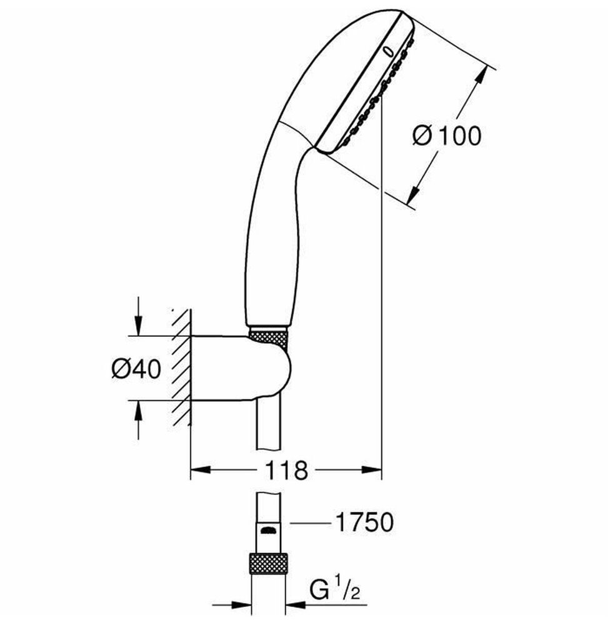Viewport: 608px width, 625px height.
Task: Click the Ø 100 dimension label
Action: [447, 136]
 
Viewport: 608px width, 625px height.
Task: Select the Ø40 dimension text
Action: [136, 368]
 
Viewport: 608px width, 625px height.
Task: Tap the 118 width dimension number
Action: [286, 470]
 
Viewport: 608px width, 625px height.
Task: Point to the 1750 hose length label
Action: [364, 522]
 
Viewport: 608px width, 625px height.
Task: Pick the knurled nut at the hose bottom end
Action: [269, 563]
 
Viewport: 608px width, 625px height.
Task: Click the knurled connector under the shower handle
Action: [267, 336]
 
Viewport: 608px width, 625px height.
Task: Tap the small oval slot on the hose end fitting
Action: [268, 531]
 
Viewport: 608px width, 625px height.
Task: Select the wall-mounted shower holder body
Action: [240, 369]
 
